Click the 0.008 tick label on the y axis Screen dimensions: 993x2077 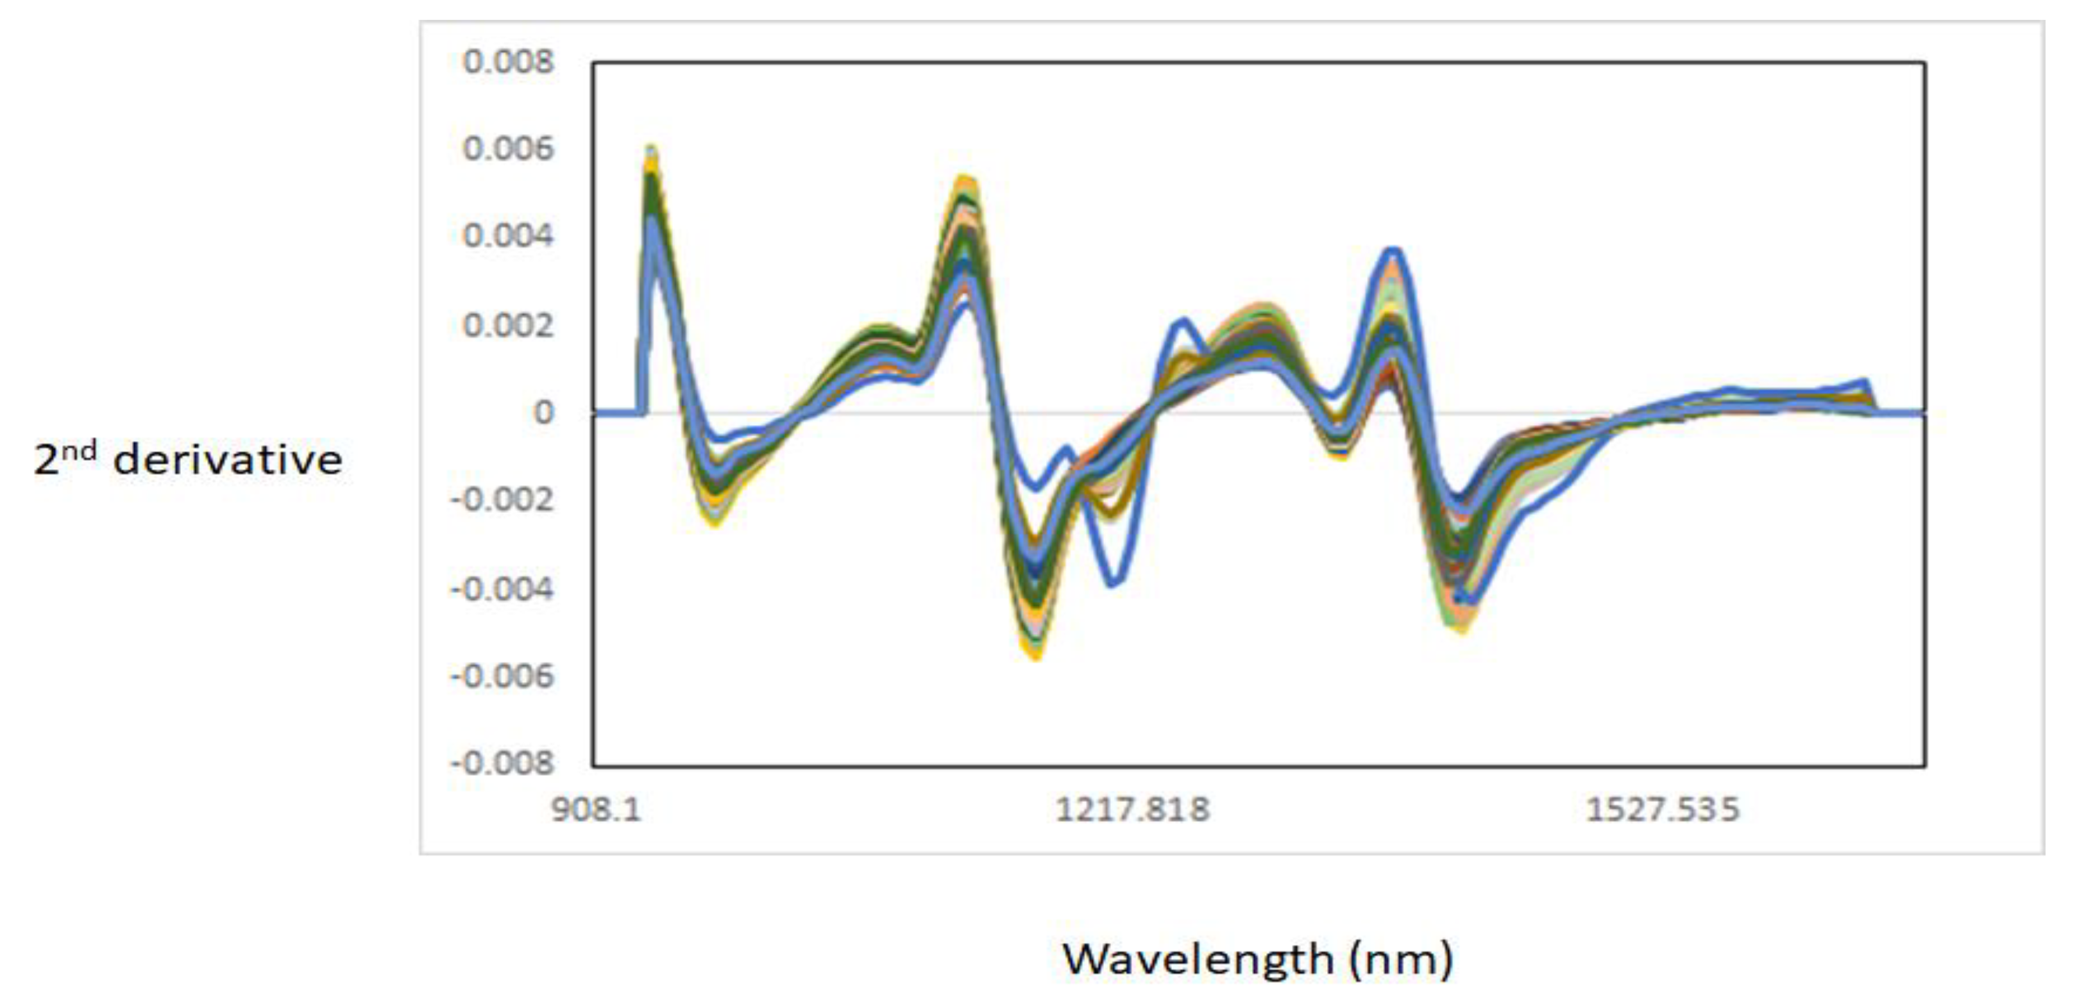coord(508,62)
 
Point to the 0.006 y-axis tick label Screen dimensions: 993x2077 coord(508,149)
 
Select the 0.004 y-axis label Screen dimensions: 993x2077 coord(508,237)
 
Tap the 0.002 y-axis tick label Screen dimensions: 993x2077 coord(508,326)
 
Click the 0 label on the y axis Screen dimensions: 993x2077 coord(543,413)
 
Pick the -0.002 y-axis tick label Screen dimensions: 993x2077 coord(502,501)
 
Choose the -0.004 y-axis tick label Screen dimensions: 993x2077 coord(502,589)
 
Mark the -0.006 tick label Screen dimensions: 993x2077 coord(502,676)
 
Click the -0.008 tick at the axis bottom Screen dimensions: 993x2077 coord(502,762)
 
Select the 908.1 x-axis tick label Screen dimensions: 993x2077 coord(596,809)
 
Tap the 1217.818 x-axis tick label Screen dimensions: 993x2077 coord(1132,809)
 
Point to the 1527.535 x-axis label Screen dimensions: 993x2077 coord(1663,809)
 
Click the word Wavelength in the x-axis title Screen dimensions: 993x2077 coord(1198,959)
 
